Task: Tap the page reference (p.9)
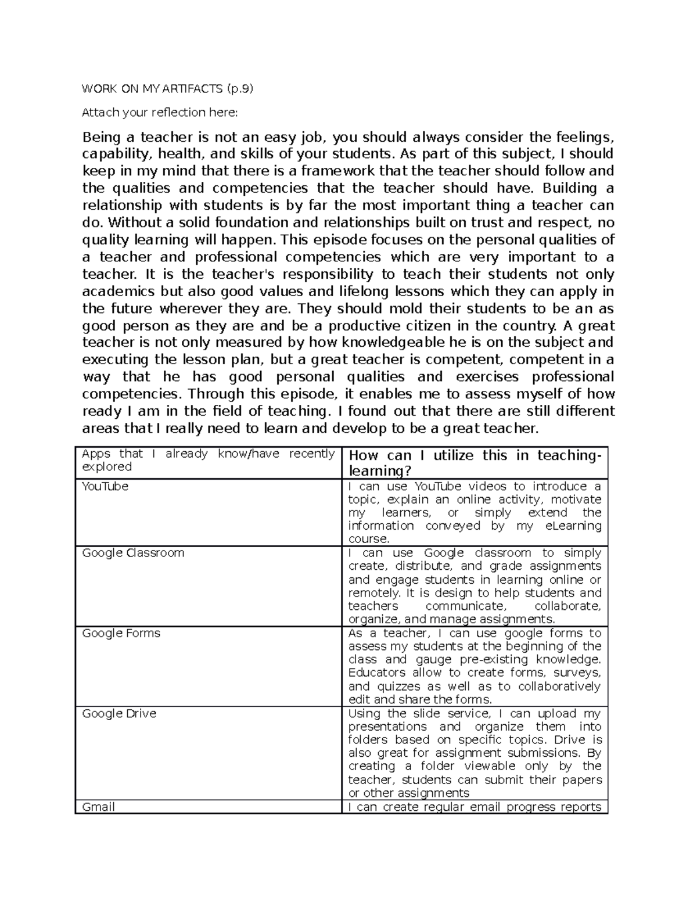point(240,88)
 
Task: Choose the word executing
point(116,360)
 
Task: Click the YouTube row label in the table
point(105,486)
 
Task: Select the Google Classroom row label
point(133,553)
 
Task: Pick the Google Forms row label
point(121,633)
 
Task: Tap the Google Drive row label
point(119,713)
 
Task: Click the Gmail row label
point(98,807)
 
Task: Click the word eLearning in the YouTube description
point(573,526)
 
